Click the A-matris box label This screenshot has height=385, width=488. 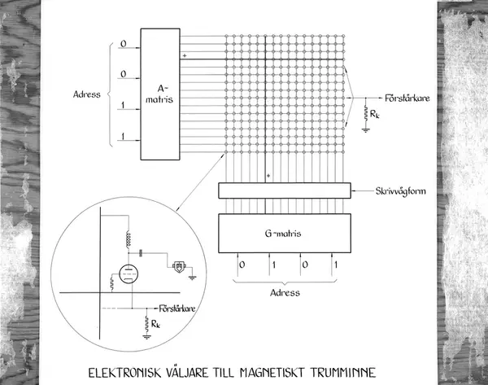tap(159, 94)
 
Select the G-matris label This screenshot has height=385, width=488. tap(283, 234)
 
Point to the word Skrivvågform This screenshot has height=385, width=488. tap(400, 191)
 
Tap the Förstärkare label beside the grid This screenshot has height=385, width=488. tap(407, 98)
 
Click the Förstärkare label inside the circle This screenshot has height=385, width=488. tap(177, 308)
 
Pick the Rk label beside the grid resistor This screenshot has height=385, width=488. tap(375, 114)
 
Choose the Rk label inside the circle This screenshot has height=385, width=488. tap(155, 324)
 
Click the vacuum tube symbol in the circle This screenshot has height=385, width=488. tap(129, 274)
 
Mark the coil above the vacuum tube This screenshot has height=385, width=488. tap(128, 239)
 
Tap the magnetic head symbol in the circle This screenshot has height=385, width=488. tap(179, 267)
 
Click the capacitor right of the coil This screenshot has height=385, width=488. tap(141, 253)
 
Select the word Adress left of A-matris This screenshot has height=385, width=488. tap(86, 94)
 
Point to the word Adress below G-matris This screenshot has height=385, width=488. tap(285, 293)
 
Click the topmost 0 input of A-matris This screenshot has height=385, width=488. tap(124, 44)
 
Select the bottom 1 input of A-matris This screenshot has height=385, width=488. tap(124, 136)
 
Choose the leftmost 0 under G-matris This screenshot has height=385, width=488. tap(242, 265)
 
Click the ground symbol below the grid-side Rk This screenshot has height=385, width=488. tap(366, 130)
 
